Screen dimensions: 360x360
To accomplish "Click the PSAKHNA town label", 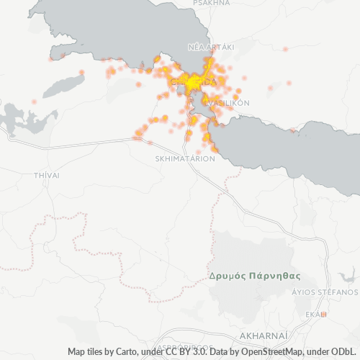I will click(212, 3).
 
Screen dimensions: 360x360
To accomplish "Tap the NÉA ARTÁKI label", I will click(211, 47).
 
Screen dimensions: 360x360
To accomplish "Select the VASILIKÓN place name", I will click(229, 103).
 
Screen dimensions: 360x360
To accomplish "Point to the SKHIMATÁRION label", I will click(185, 158).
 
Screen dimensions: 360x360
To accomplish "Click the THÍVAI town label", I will click(46, 175).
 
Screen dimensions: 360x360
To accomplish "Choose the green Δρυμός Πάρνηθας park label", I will click(253, 276).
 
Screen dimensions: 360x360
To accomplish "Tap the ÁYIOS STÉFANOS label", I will click(324, 293).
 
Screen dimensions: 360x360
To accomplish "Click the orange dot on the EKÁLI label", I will click(324, 314).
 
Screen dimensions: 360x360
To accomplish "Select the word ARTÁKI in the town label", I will click(222, 47).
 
